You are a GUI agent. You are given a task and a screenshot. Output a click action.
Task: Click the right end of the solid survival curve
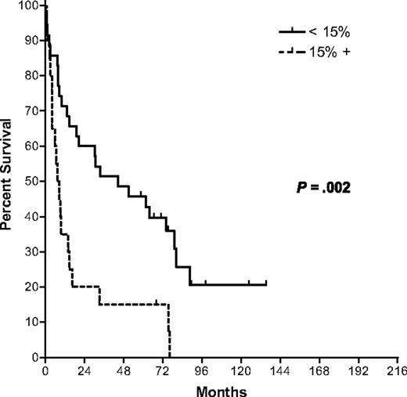[266, 284]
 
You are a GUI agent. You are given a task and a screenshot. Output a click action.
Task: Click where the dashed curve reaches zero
[170, 356]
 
